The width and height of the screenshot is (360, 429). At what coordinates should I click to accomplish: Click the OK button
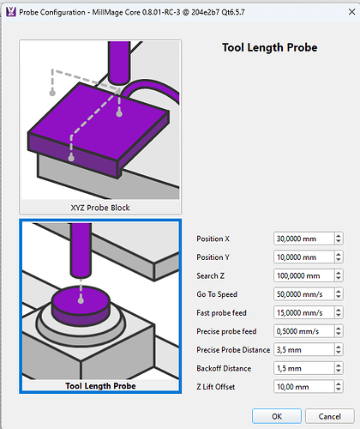277,416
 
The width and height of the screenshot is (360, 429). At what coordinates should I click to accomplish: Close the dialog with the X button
351,12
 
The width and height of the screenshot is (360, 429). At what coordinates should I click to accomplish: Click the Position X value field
303,239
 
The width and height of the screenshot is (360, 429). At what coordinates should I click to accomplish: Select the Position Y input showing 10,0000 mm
303,257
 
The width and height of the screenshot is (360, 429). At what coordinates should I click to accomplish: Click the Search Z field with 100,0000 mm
303,275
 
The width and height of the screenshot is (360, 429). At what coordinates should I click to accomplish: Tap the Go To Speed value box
303,294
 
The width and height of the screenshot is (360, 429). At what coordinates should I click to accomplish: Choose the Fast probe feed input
303,312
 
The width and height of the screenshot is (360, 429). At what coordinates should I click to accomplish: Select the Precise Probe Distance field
303,350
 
